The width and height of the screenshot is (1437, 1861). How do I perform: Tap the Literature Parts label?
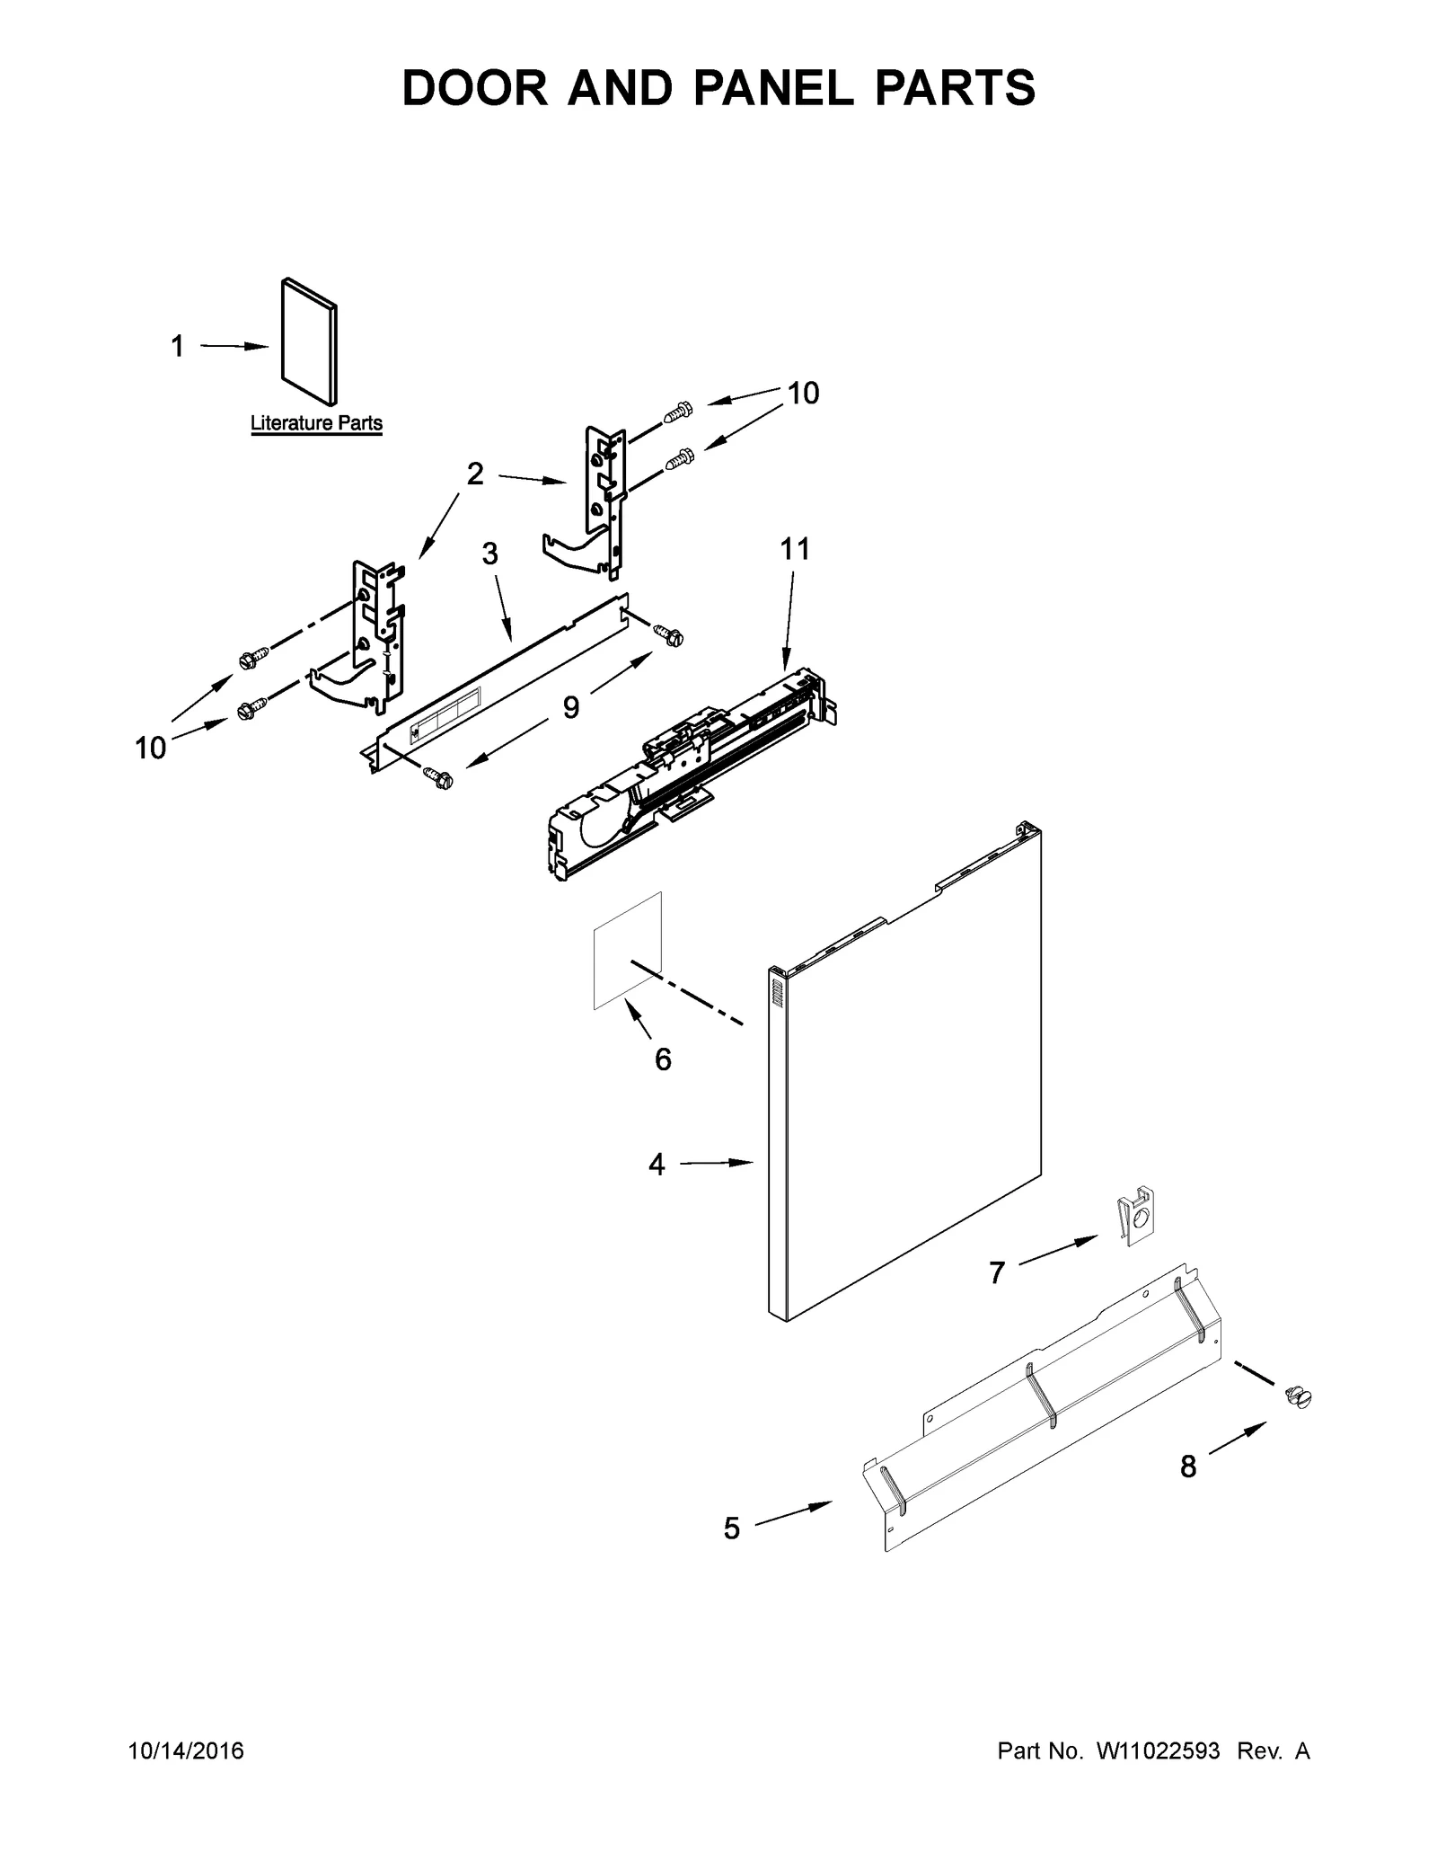(316, 423)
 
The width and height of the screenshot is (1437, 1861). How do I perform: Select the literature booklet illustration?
(310, 340)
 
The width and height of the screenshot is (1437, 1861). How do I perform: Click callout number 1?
(178, 346)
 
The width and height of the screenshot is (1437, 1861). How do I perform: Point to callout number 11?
(795, 549)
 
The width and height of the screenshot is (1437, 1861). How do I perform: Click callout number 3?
(489, 554)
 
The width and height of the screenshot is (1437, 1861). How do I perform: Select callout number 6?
(663, 1060)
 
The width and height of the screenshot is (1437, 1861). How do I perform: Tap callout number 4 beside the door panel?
(657, 1165)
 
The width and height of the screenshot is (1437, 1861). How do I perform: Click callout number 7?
(997, 1272)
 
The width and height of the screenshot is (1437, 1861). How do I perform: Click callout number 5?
(732, 1529)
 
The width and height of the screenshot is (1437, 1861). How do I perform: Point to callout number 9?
(571, 708)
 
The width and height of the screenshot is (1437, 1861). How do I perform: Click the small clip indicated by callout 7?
(1135, 1218)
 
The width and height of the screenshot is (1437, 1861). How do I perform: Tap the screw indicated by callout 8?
(1298, 1396)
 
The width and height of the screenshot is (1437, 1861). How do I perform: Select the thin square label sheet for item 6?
(627, 951)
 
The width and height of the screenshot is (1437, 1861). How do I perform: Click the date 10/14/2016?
(187, 1751)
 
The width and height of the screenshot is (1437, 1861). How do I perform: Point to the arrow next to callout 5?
(794, 1513)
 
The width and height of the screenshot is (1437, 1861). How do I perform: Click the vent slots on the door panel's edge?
(777, 995)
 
